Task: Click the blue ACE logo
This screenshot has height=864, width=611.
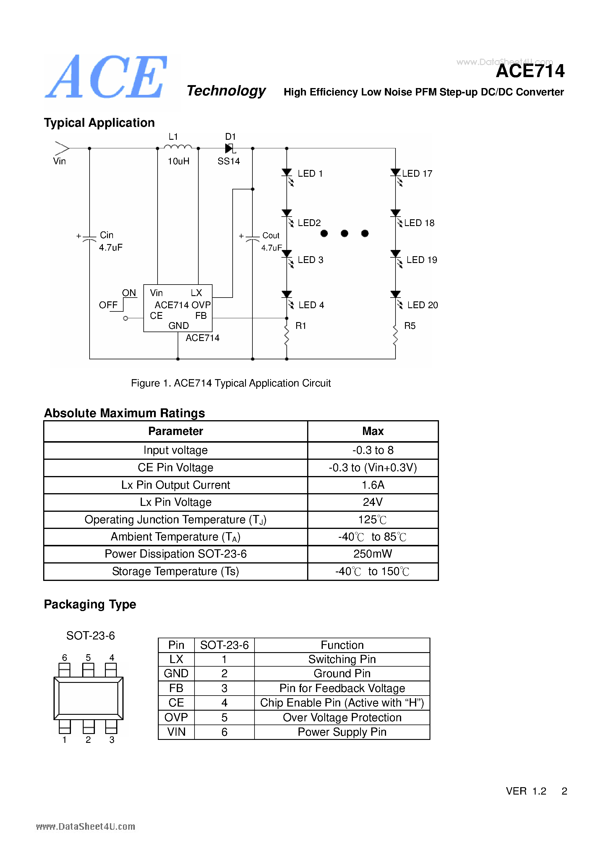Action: [x=106, y=77]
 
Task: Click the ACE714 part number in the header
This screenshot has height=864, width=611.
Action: [x=530, y=71]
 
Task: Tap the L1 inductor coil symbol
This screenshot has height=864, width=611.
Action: [x=178, y=147]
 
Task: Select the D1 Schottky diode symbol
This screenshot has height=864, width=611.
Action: [x=229, y=148]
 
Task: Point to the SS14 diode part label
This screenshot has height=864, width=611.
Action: [x=228, y=161]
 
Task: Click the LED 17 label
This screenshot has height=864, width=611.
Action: [x=417, y=174]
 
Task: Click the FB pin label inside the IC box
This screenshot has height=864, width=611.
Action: [x=201, y=316]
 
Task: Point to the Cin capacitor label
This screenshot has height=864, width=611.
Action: [x=106, y=235]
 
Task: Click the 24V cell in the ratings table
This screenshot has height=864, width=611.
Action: [x=372, y=502]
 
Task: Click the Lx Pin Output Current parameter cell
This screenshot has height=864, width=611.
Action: [x=175, y=485]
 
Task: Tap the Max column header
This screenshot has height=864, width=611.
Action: [x=372, y=431]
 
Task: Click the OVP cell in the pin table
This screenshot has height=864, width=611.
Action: [x=176, y=717]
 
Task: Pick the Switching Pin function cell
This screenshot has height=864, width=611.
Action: [x=342, y=659]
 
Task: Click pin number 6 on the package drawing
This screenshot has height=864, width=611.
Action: [x=64, y=657]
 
